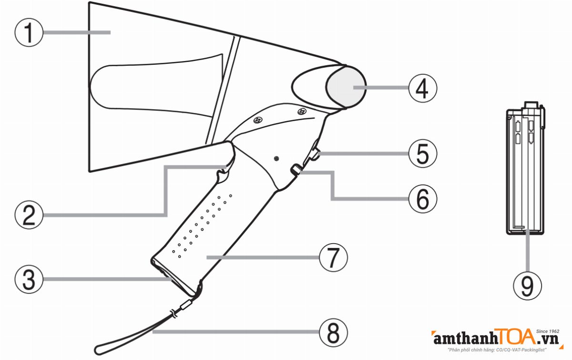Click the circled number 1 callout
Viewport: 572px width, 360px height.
point(29,32)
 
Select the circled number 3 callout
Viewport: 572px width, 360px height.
point(29,278)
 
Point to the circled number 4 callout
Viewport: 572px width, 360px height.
point(422,88)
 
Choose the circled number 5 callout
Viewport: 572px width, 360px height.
point(422,153)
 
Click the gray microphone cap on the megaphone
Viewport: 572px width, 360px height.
point(345,87)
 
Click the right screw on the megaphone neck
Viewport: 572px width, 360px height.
point(301,112)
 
